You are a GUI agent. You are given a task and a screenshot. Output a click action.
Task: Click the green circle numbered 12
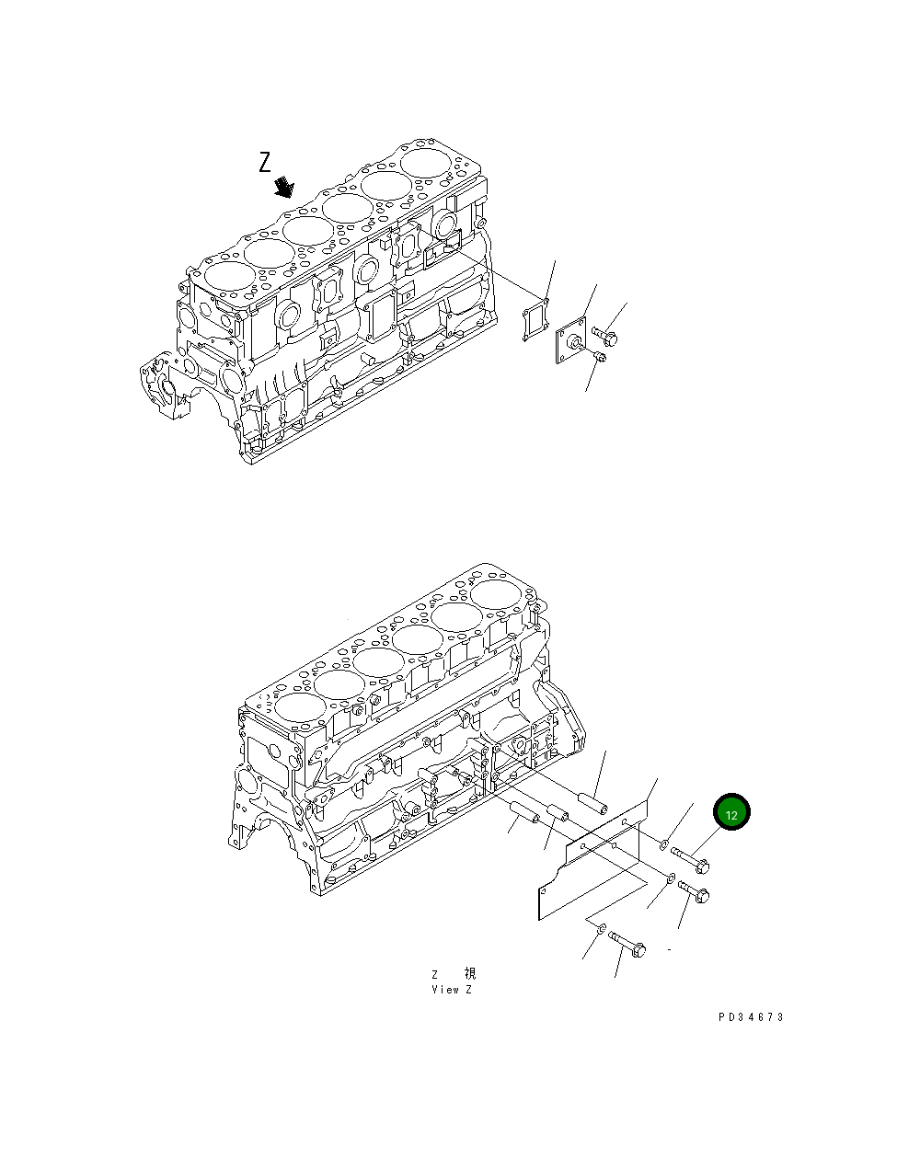click(x=731, y=814)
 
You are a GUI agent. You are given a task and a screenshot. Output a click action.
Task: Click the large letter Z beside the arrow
click(x=265, y=163)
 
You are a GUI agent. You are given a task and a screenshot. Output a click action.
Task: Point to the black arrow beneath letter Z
click(x=284, y=187)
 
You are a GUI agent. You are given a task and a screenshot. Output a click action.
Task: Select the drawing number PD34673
click(x=751, y=1017)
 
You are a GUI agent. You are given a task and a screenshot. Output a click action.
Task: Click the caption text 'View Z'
click(x=451, y=990)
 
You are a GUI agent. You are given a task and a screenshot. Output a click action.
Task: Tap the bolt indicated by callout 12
click(x=689, y=859)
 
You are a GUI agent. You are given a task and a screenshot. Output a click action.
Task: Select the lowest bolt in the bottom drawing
click(x=627, y=944)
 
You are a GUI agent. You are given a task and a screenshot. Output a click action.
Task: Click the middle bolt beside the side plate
click(x=695, y=891)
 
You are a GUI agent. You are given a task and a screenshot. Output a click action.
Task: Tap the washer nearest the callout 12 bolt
click(x=661, y=843)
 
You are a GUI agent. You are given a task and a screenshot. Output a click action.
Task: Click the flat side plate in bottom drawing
click(x=589, y=869)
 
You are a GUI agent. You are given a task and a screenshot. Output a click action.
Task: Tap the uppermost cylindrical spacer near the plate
click(x=593, y=804)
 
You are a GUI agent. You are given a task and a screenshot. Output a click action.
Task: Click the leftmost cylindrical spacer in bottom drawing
click(x=523, y=813)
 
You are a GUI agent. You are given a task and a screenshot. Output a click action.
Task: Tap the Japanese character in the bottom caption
click(x=469, y=973)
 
